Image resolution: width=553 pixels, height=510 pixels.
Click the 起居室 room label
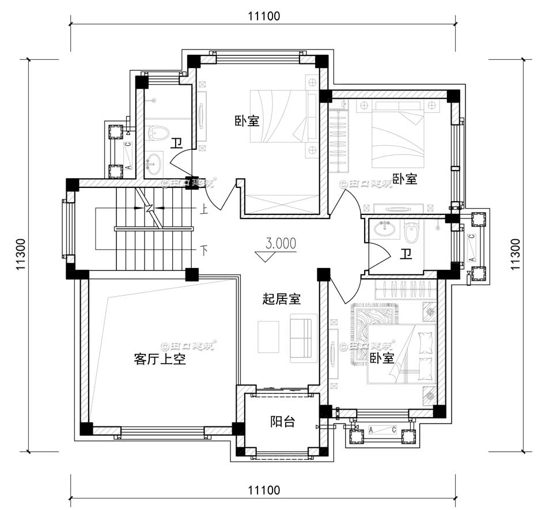(282, 299)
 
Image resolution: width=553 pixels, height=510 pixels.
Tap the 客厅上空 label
(160, 360)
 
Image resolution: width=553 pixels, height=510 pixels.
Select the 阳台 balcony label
(282, 422)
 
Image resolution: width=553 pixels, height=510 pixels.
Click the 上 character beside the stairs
(203, 210)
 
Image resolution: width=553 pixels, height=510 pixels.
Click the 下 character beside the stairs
(203, 250)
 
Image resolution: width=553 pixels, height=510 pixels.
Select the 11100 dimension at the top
(264, 17)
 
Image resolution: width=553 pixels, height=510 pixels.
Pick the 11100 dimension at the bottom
(264, 490)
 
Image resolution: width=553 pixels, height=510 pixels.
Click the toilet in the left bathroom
(157, 134)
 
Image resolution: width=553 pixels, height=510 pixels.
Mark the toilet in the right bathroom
(411, 233)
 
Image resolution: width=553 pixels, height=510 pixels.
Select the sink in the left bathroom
(154, 165)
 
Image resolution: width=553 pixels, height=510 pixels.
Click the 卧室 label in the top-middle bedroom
(247, 122)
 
